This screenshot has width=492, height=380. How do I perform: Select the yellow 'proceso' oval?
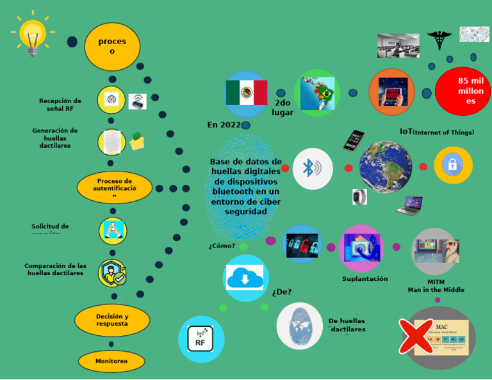coord(112,46)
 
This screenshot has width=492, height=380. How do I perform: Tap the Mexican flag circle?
coord(245,93)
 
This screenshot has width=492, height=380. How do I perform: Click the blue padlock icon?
coord(452,165)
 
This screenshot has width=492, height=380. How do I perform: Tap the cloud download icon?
coord(245,278)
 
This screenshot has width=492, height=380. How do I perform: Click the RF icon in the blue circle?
coord(201,339)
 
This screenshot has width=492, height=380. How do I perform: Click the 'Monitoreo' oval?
coord(111,361)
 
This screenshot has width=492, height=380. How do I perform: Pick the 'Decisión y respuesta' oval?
coord(112,320)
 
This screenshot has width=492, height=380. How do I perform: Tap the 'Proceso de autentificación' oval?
coord(115,187)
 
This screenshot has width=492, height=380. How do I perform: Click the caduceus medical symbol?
coord(439,40)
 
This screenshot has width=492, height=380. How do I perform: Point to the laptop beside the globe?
coord(409,205)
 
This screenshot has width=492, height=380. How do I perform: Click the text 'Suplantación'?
coord(365,279)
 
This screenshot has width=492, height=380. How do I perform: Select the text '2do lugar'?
coord(283,107)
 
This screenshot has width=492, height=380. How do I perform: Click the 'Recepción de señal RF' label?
coord(60,104)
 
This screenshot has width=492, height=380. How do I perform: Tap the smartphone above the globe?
coord(353,140)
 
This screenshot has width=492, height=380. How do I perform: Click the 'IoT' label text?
coord(406,132)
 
